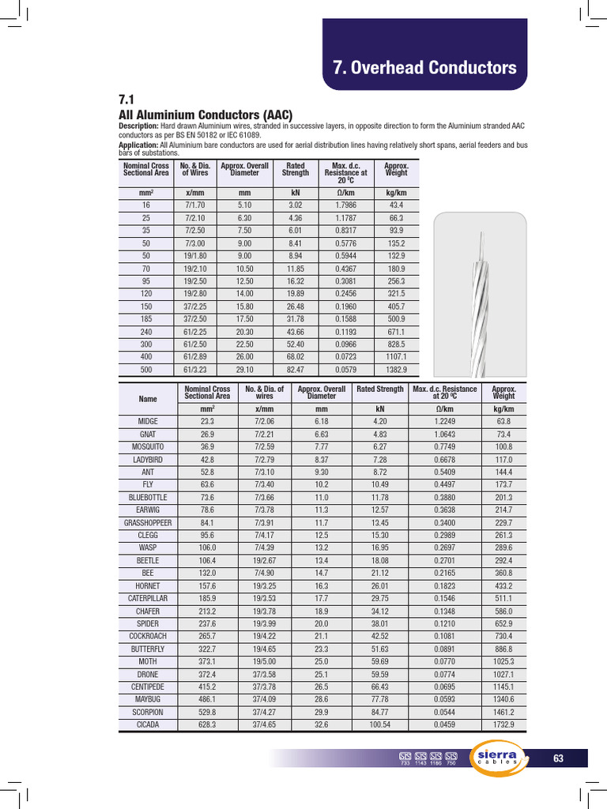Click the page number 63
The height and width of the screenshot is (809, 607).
coord(558,758)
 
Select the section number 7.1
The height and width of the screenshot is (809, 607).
coord(126,100)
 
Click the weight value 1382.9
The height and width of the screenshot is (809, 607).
coord(396,370)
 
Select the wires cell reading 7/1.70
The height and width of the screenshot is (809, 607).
coord(194,205)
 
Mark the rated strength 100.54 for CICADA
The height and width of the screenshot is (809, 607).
coord(380,724)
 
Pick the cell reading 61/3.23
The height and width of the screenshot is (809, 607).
coord(194,370)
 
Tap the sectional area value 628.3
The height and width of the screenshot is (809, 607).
coord(207,724)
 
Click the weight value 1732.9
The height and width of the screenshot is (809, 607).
coord(503,724)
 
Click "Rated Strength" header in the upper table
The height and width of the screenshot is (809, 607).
coord(296,169)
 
